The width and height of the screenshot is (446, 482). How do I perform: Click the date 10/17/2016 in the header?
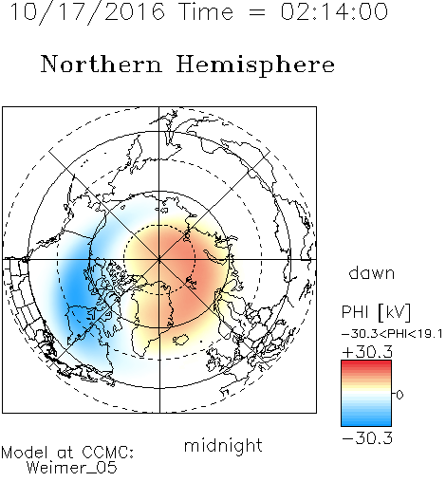pyautogui.click(x=87, y=12)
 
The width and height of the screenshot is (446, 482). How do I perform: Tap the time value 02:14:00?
pyautogui.click(x=334, y=12)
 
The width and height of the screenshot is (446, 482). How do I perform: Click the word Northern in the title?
pyautogui.click(x=102, y=64)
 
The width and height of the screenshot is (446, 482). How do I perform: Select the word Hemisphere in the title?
pyautogui.click(x=255, y=65)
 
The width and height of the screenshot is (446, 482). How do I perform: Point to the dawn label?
pyautogui.click(x=372, y=272)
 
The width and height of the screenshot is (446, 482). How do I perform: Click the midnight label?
pyautogui.click(x=223, y=445)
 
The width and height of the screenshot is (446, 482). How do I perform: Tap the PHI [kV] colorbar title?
pyautogui.click(x=376, y=312)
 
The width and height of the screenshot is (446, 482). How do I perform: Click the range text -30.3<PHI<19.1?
pyautogui.click(x=392, y=334)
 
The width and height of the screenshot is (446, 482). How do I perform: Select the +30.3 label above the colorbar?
pyautogui.click(x=367, y=352)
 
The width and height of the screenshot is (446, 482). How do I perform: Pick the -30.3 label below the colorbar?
pyautogui.click(x=367, y=438)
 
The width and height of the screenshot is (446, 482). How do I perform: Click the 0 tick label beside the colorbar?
pyautogui.click(x=400, y=395)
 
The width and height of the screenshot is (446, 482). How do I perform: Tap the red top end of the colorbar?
pyautogui.click(x=366, y=363)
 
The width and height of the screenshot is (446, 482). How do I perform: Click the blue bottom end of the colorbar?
pyautogui.click(x=366, y=423)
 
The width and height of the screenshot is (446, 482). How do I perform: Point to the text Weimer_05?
pyautogui.click(x=72, y=468)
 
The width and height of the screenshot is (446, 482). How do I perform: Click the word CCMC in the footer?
pyautogui.click(x=106, y=453)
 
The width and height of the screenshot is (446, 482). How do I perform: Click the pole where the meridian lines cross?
pyautogui.click(x=159, y=260)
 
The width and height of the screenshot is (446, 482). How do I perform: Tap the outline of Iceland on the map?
pyautogui.click(x=181, y=340)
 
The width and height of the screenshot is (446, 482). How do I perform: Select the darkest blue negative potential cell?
pyautogui.click(x=74, y=292)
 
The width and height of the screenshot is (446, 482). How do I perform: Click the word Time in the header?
pyautogui.click(x=206, y=12)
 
